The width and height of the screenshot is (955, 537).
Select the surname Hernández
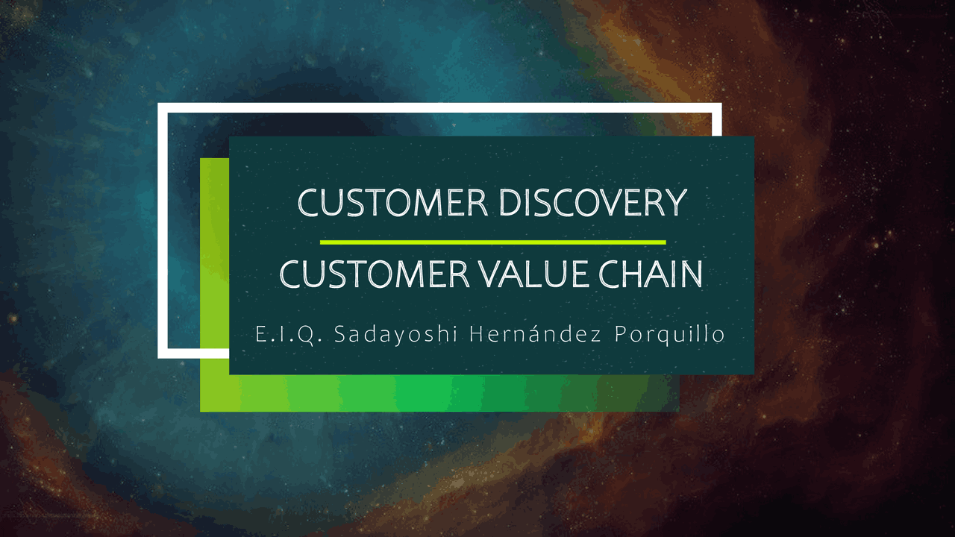(535, 335)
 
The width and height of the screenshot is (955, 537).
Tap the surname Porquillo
(669, 335)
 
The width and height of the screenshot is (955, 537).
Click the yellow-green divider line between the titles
(492, 242)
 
